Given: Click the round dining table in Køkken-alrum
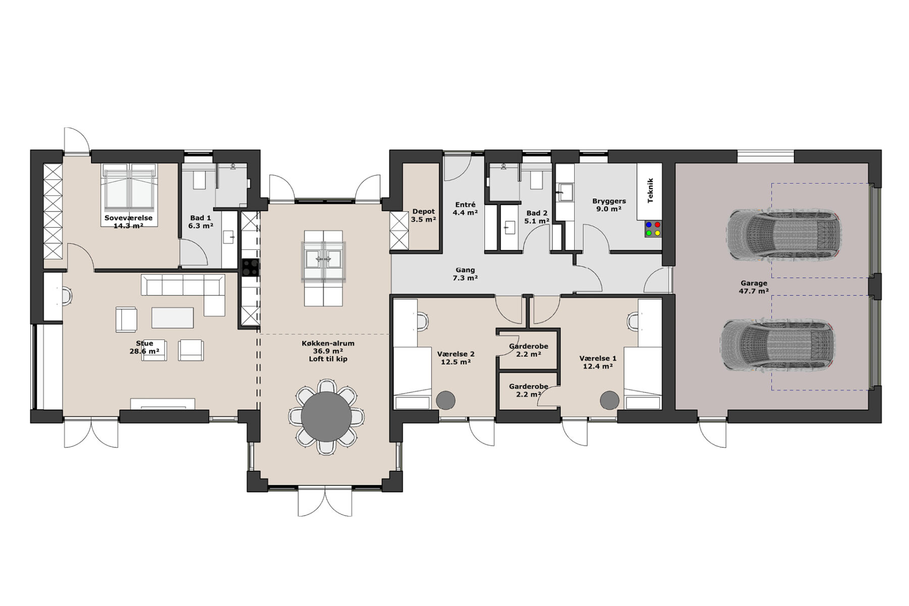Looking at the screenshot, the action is point(326,417).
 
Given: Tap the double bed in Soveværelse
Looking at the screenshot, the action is point(128,186).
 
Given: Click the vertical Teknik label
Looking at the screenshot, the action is point(650,190).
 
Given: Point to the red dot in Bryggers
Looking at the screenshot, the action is point(657,224).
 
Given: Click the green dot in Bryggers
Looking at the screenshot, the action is point(648,233).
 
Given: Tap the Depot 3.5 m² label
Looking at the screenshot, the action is point(423,216).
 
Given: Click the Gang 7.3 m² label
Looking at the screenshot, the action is point(465,274).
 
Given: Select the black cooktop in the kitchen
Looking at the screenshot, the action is point(250,268).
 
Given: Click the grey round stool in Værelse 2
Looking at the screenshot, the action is point(446,400).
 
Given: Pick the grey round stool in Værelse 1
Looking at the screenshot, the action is point(610,400).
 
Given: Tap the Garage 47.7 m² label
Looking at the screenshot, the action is point(753,287).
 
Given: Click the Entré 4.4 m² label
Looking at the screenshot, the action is point(465,209).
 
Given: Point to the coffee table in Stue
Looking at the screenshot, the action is point(173,318).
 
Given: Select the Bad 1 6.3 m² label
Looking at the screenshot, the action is point(200,222).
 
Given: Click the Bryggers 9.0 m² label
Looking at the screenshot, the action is point(609,205).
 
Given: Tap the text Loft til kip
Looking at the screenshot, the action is point(328,359).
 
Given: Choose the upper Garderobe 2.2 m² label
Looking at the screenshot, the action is point(528,350).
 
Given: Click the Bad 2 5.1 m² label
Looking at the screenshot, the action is point(536,217).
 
